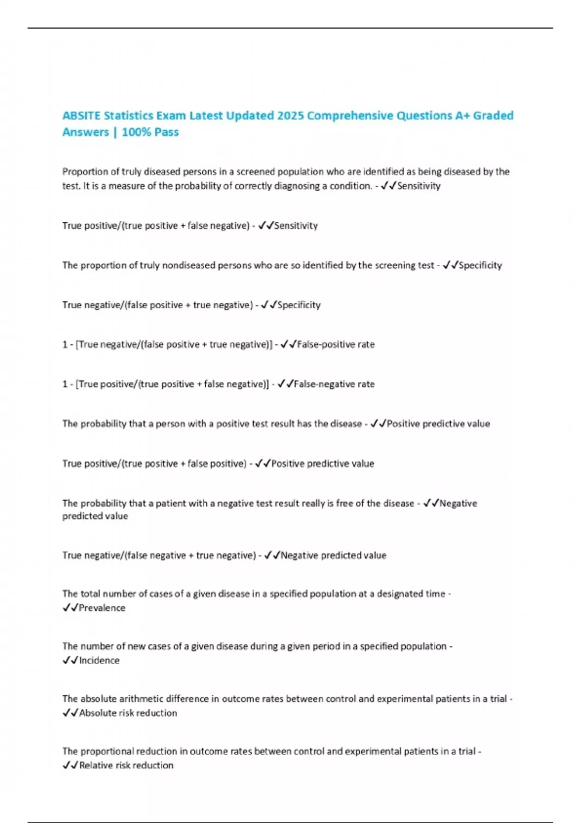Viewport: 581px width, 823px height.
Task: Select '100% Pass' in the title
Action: pos(150,132)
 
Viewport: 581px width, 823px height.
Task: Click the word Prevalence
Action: pos(102,608)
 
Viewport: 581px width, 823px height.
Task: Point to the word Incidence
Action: pos(99,660)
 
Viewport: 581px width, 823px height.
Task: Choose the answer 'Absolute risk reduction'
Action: pos(128,713)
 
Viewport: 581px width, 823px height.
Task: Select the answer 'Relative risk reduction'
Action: pos(126,765)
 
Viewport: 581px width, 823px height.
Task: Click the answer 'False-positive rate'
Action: pos(336,344)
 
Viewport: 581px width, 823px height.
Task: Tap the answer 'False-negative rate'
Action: pos(334,384)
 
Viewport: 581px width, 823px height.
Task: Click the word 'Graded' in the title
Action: pos(493,116)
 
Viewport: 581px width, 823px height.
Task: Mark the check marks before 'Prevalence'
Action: pos(70,608)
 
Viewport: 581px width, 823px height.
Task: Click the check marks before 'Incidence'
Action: pos(70,660)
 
